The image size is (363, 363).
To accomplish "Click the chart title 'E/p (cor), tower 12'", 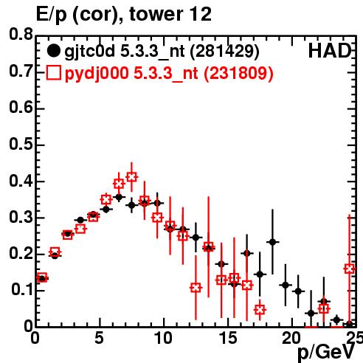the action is (124, 15).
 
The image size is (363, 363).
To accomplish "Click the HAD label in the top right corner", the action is (330, 51).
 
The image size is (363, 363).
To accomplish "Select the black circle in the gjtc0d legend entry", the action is (53, 51).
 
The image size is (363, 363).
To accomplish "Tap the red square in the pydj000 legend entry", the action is (54, 72).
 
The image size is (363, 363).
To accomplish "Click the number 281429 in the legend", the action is (225, 52).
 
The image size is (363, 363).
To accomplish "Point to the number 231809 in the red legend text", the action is (238, 73).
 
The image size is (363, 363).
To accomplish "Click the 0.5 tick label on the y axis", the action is (21, 145).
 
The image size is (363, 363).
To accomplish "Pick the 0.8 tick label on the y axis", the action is (21, 34).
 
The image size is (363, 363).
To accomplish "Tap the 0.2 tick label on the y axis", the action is (21, 254).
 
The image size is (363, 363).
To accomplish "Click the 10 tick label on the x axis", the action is (164, 338).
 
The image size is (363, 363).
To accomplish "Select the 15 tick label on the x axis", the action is (228, 338).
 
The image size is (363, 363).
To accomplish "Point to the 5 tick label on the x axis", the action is (99, 338).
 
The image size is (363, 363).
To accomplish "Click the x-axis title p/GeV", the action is (326, 352).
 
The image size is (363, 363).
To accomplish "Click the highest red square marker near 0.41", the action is (131, 177).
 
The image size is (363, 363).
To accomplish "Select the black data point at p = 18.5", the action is (272, 242).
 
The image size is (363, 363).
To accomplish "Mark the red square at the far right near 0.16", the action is (350, 269).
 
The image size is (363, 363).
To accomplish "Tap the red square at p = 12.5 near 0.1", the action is (196, 288).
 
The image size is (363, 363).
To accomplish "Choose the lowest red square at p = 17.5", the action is (260, 310).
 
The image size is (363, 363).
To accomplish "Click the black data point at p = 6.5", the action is (119, 197).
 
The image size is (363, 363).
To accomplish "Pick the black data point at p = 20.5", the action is (298, 291).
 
